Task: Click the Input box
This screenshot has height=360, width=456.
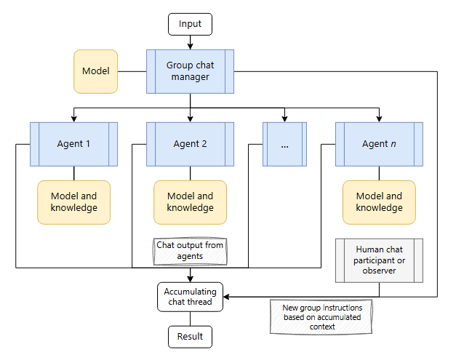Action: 190,24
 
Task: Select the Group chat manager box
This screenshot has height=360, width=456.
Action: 190,71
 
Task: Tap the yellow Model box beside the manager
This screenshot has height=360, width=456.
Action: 96,71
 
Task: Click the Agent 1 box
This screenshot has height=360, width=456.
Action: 74,144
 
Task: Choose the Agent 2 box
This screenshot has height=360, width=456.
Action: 190,144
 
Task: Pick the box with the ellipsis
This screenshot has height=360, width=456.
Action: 284,144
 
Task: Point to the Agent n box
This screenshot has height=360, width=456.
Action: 379,144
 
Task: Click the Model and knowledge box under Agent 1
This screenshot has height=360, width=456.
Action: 74,202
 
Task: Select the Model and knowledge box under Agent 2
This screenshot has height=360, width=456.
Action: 190,202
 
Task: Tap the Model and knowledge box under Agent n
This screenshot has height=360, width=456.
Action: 379,202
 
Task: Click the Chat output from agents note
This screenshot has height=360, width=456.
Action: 190,251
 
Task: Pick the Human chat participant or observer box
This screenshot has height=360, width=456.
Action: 379,260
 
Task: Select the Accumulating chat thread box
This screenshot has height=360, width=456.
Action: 190,297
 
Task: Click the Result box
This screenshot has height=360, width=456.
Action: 190,337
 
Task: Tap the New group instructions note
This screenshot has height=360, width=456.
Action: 321,316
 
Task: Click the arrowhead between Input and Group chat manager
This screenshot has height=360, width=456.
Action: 191,47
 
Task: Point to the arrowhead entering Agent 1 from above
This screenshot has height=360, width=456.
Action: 74,119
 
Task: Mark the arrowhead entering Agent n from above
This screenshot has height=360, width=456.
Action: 379,119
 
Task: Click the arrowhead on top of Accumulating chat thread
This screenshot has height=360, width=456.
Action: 191,279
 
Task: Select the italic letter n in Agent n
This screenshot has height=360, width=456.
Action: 393,144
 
